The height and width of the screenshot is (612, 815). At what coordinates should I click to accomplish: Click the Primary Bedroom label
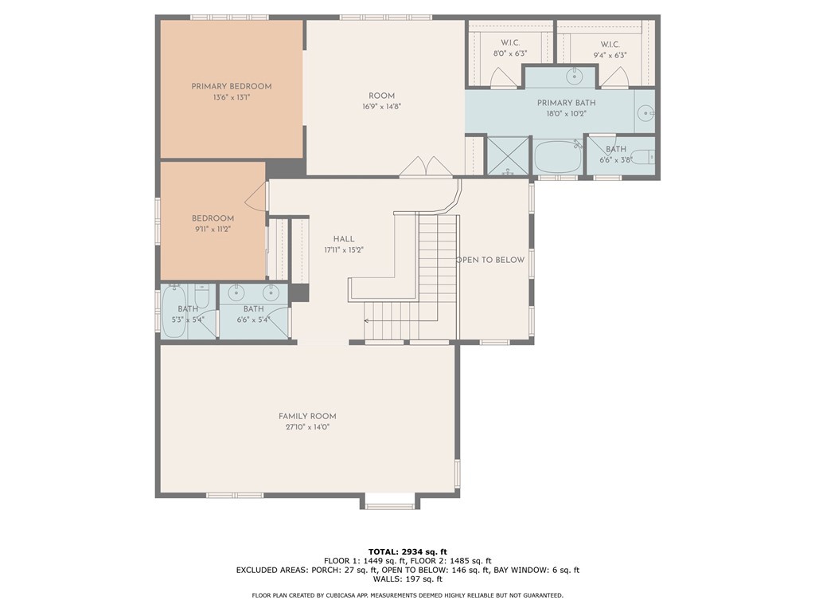point(232,86)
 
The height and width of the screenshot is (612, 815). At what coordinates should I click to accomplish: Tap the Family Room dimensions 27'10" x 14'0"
point(308,427)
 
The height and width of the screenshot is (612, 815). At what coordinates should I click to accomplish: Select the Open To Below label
point(490,260)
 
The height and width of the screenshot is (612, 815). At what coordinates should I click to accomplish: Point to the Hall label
point(344,239)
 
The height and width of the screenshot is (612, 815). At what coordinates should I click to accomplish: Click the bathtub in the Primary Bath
point(558,156)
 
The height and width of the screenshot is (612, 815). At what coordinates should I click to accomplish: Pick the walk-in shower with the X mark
point(508,155)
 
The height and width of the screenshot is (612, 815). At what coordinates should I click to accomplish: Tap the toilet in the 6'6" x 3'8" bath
point(645,156)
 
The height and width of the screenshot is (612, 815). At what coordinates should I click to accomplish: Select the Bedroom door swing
point(255,198)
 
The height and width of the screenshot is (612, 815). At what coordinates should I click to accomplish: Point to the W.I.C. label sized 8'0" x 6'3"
point(510,43)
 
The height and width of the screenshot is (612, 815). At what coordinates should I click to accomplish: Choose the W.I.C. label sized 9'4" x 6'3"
point(610,45)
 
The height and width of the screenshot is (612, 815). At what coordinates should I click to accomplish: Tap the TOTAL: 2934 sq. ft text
point(407,551)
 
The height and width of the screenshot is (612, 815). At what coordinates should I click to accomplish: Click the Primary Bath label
point(566,103)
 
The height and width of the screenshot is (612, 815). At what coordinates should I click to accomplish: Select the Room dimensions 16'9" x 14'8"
point(381,107)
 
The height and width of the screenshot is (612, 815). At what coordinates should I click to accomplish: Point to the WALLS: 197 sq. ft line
point(407,579)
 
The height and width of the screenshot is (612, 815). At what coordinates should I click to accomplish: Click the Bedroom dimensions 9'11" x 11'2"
point(213,229)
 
